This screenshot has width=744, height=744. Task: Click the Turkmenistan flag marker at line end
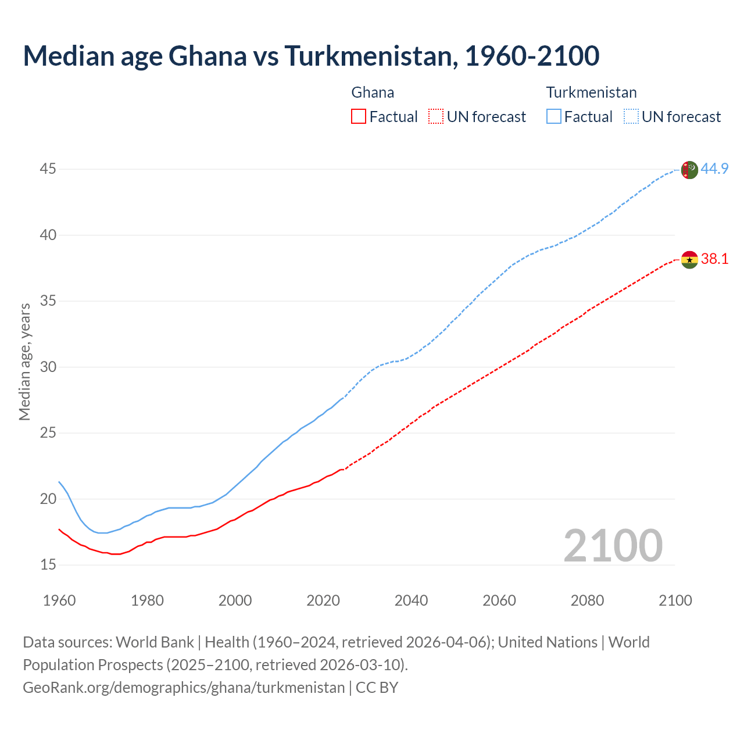[x=689, y=170]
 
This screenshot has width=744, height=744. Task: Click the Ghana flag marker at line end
[x=689, y=260]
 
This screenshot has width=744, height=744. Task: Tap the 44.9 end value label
[x=714, y=169]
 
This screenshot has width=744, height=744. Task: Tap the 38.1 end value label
[x=714, y=259]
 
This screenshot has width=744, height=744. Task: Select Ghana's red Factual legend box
[x=359, y=117]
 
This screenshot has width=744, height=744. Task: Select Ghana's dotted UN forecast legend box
[x=436, y=117]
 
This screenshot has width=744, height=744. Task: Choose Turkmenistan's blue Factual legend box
[x=554, y=117]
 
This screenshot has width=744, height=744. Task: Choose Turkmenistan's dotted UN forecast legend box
[x=631, y=117]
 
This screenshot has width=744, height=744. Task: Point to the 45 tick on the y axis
[x=48, y=169]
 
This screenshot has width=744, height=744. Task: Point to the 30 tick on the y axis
[x=48, y=367]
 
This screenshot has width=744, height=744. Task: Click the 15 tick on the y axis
[x=48, y=565]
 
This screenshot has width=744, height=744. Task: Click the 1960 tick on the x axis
[x=59, y=600]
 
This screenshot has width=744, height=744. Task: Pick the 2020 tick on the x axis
[x=323, y=600]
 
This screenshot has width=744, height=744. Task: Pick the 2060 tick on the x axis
[x=499, y=600]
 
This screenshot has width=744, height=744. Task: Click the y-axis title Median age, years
[x=24, y=362]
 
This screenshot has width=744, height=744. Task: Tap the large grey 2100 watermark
[x=613, y=546]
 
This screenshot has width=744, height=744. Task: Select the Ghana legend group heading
[x=373, y=92]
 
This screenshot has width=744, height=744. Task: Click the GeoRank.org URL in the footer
[x=184, y=688]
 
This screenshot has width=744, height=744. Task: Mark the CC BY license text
[x=377, y=688]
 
